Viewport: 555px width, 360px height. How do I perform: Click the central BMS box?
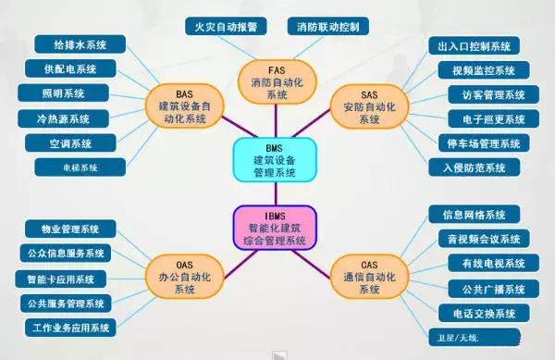[276, 159]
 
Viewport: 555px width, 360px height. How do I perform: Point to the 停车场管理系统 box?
[481, 143]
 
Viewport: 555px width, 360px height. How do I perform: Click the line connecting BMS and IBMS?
[276, 193]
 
